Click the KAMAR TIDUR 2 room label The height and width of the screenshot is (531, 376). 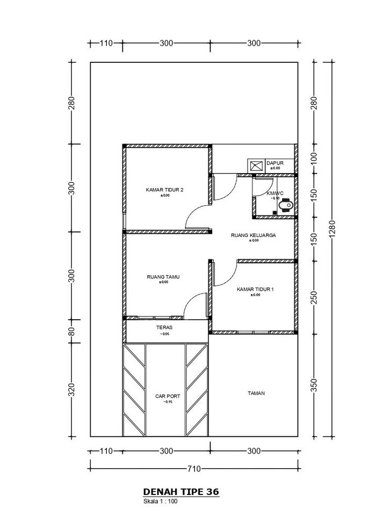164,190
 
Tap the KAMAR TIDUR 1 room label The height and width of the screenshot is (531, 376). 255,290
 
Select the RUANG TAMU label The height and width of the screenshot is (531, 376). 163,277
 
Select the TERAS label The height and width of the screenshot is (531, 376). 164,327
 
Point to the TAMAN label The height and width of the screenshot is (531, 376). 256,393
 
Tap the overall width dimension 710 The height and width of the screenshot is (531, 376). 193,469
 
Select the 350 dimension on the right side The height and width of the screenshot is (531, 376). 314,385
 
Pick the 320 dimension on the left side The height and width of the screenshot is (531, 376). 72,389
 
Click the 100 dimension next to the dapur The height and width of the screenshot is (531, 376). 314,159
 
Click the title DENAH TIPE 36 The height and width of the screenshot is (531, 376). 181,492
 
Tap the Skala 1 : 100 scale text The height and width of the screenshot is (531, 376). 160,502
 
